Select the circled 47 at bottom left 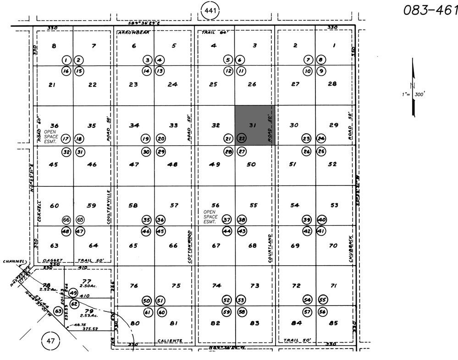coord(50,340)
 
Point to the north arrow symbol coord(414,87)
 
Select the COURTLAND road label coord(271,248)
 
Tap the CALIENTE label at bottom coord(170,340)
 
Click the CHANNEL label coord(14,262)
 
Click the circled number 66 coord(66,219)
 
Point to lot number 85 coord(333,323)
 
